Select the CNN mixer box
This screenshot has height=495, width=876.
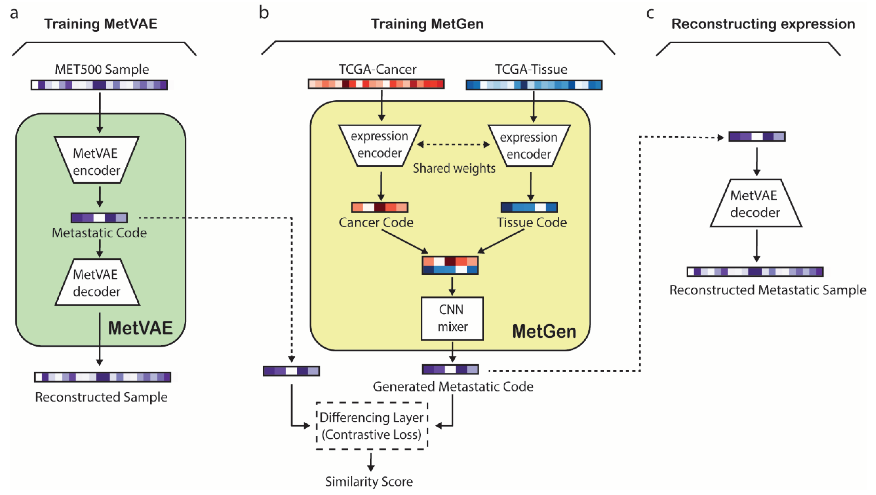click(452, 318)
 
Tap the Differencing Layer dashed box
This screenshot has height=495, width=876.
click(372, 426)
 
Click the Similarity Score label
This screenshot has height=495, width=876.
click(369, 481)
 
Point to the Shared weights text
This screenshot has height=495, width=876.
click(454, 168)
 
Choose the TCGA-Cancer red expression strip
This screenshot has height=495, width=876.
click(376, 84)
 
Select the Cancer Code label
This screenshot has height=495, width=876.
click(376, 222)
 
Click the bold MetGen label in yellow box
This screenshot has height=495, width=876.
click(544, 331)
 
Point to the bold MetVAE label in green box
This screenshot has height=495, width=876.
click(140, 328)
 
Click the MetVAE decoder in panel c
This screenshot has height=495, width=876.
click(756, 203)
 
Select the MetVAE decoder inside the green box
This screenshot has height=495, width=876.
click(97, 283)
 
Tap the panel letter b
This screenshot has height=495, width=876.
click(264, 13)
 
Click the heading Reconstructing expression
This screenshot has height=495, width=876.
click(763, 24)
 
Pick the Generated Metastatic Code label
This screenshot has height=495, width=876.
click(453, 386)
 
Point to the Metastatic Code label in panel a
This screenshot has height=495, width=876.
click(99, 233)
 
